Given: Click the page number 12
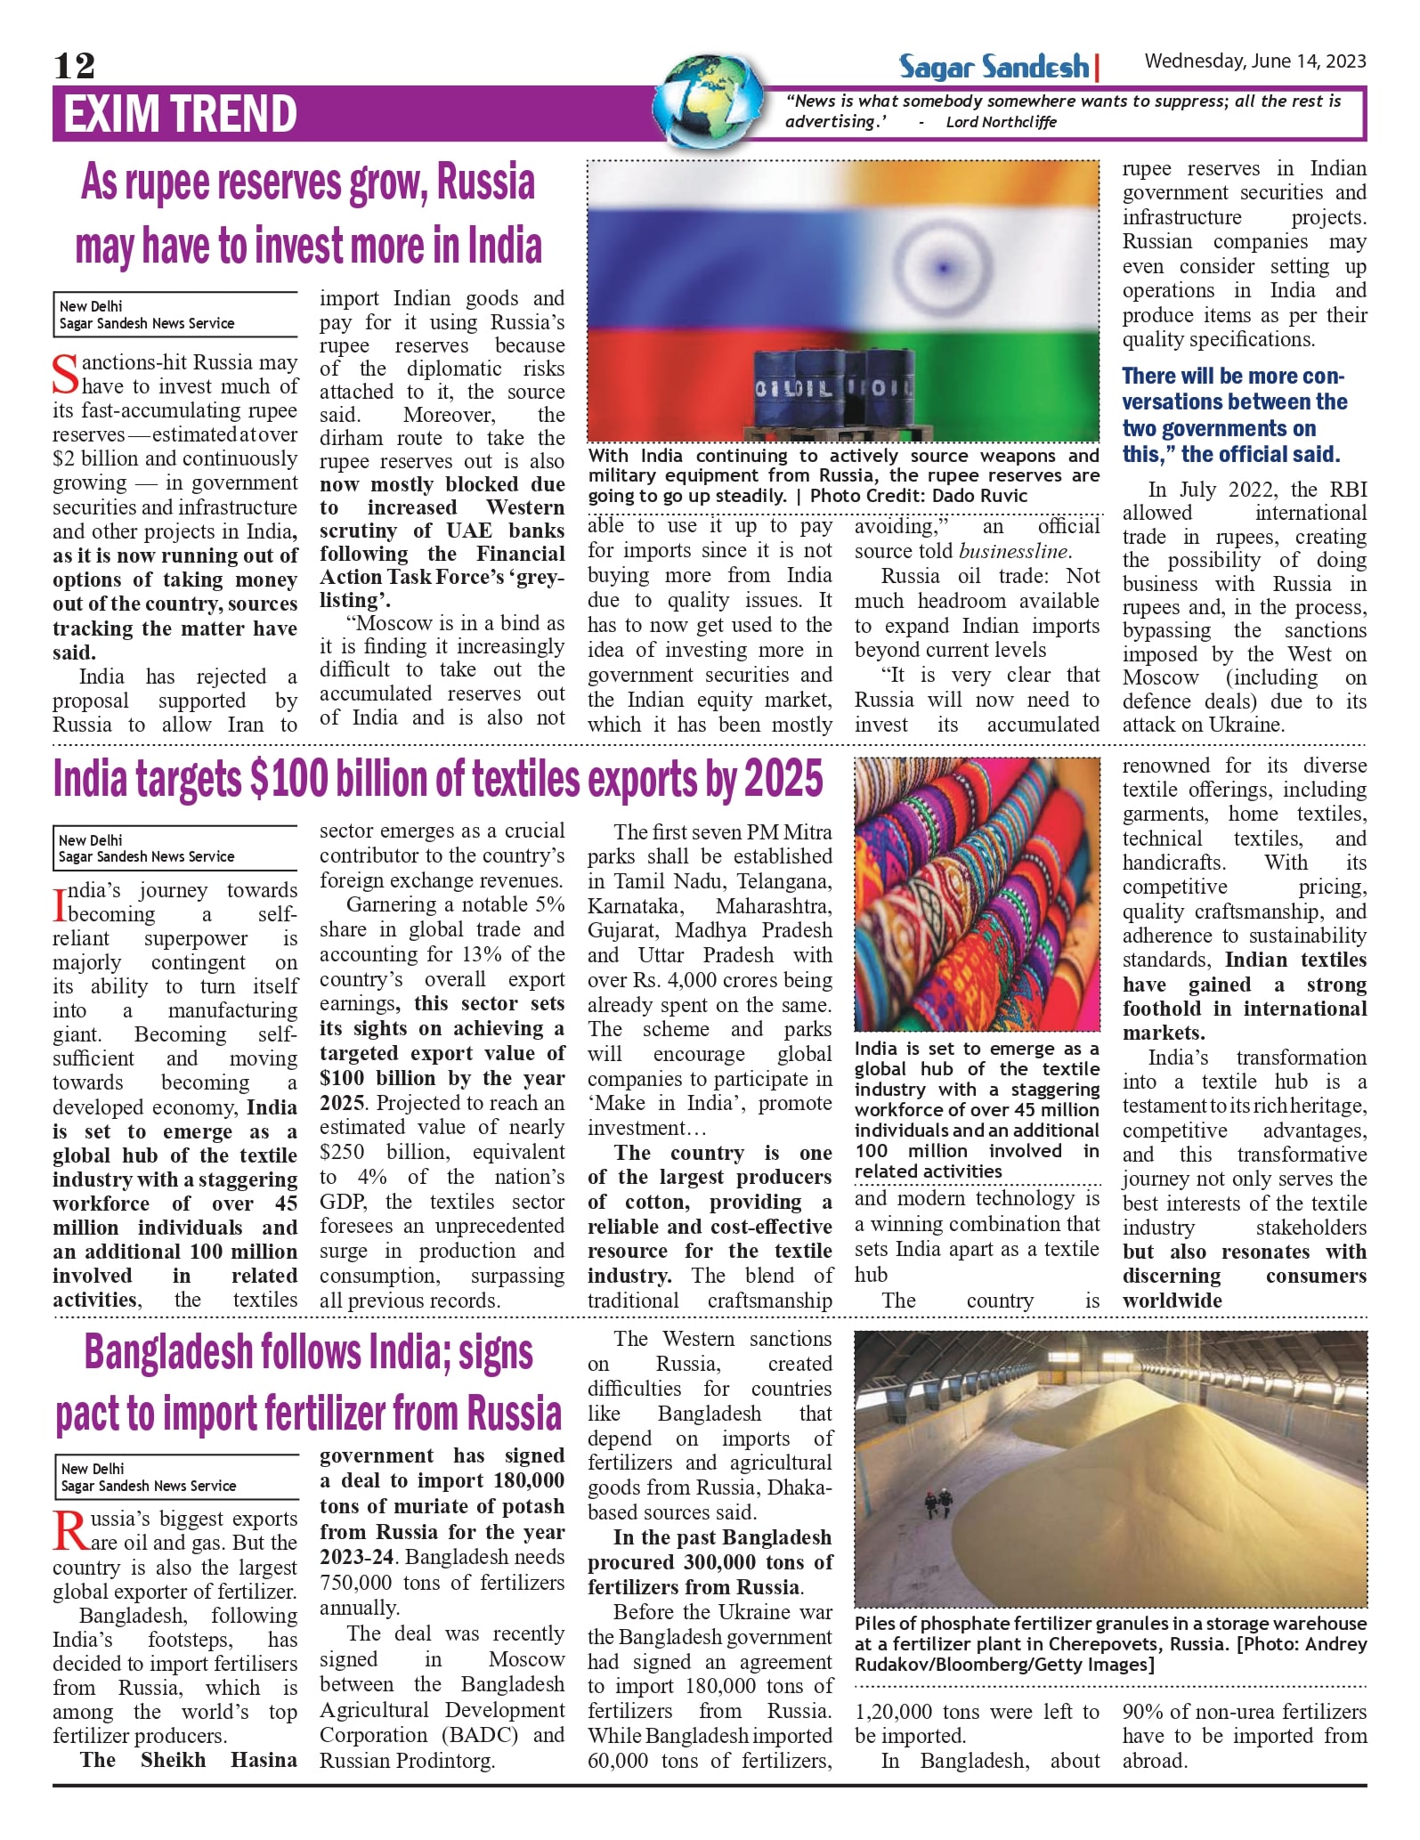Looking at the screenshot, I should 75,65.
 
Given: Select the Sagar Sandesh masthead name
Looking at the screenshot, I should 994,67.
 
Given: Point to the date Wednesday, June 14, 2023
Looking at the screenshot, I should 1254,61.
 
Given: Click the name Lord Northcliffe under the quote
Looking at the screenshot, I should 1001,122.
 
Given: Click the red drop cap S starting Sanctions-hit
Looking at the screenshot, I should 65,374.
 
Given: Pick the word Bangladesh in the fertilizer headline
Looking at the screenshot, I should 168,1352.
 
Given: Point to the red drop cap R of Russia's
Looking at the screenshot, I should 69,1531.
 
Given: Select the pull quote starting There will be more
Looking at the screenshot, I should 1234,415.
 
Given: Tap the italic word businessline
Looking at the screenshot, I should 1014,551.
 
